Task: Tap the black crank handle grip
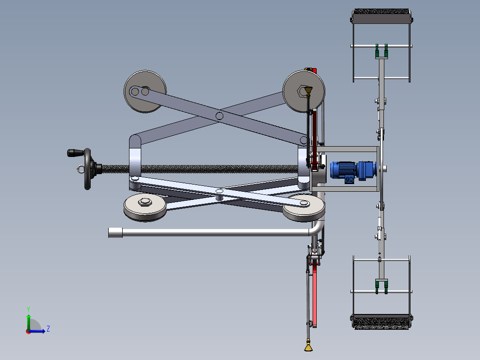pyautogui.click(x=75, y=153)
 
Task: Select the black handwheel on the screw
pyautogui.click(x=88, y=169)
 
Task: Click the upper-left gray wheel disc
pyautogui.click(x=145, y=92)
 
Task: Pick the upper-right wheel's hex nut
pyautogui.click(x=303, y=91)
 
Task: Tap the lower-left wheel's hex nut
pyautogui.click(x=145, y=202)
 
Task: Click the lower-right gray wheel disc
pyautogui.click(x=303, y=207)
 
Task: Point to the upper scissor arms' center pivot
pyautogui.click(x=219, y=116)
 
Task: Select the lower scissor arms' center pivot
pyautogui.click(x=219, y=192)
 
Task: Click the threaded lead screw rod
pyautogui.click(x=199, y=169)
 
